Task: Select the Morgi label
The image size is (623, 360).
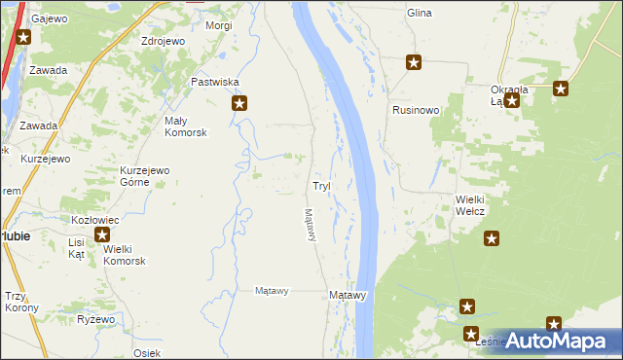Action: coord(219,25)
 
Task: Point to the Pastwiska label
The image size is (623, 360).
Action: coord(214,83)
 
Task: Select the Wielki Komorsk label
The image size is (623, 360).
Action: coord(125,255)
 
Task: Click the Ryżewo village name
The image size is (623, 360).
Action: coord(96,319)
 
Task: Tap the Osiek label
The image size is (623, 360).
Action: coord(147,352)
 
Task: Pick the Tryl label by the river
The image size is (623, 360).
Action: coord(321,185)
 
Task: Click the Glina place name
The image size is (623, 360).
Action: coord(420,14)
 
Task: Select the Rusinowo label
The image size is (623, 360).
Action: coord(416,110)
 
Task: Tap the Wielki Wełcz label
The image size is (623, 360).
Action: coord(470,205)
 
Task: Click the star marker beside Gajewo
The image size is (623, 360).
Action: coord(23,38)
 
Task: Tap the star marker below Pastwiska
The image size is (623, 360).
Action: coord(238,102)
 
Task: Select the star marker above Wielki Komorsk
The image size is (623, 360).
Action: coord(103,234)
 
